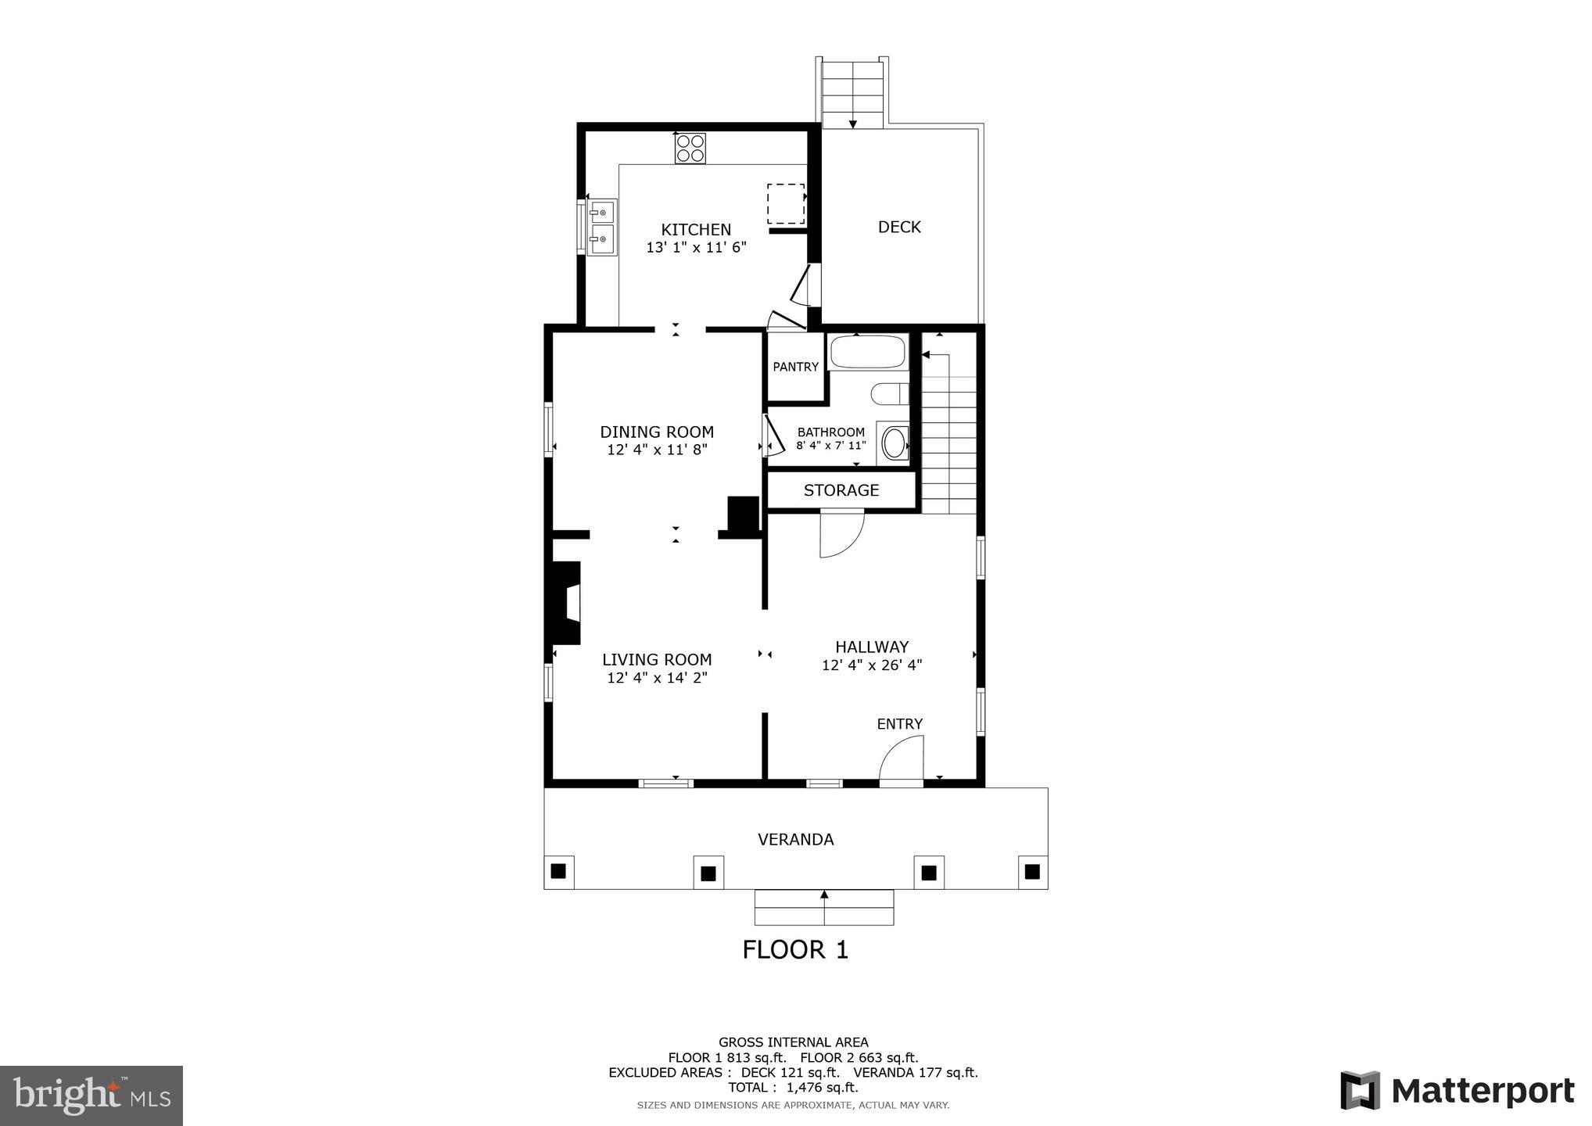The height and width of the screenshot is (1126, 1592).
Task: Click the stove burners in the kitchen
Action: (690, 148)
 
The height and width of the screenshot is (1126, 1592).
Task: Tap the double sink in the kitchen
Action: (602, 227)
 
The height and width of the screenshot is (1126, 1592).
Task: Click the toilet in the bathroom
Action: (891, 393)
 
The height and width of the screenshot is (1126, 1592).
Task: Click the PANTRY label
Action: (795, 367)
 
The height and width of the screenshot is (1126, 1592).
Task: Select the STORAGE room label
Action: (841, 490)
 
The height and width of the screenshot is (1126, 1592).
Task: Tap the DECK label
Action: (899, 227)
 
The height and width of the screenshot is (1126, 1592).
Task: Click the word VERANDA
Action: (795, 839)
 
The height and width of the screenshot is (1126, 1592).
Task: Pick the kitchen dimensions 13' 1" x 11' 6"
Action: (696, 248)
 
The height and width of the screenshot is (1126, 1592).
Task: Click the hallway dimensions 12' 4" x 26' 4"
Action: (872, 665)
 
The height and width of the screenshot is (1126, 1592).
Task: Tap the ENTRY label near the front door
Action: (899, 724)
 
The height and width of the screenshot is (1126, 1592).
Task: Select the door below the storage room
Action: (841, 533)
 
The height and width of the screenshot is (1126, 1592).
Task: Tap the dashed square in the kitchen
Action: (785, 204)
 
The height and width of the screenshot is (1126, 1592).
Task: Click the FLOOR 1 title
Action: (795, 949)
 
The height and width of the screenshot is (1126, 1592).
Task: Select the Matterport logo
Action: (1457, 1090)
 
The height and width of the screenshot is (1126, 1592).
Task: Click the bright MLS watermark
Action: (91, 1095)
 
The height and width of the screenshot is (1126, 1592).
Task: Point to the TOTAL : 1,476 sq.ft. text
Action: (793, 1088)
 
